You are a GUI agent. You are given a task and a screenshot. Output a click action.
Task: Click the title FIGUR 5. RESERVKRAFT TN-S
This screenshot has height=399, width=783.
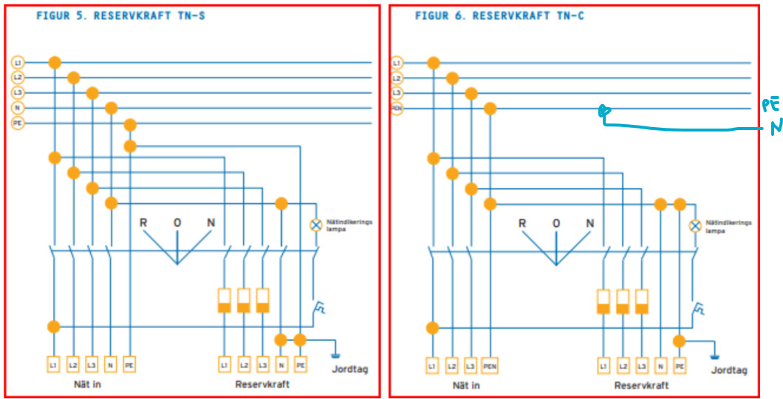[120, 16]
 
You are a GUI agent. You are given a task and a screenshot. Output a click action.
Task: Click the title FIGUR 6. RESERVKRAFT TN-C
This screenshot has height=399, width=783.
[499, 16]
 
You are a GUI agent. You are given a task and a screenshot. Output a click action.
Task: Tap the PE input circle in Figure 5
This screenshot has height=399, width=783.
[18, 123]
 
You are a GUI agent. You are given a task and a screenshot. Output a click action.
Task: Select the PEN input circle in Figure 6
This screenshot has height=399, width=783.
[397, 109]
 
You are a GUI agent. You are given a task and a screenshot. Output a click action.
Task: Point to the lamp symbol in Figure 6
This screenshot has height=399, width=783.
[694, 225]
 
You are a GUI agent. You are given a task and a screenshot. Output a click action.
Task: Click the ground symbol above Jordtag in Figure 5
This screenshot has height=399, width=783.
[337, 345]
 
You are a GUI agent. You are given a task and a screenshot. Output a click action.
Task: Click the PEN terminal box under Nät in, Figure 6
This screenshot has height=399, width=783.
[490, 365]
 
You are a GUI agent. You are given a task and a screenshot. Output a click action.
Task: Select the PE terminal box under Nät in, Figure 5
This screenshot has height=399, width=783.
[130, 364]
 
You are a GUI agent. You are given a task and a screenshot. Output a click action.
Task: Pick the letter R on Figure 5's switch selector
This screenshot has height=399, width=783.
[143, 223]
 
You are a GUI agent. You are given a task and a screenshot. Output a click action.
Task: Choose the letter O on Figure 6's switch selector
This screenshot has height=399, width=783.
[555, 223]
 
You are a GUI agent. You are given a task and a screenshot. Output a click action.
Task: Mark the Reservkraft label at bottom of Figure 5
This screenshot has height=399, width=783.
[263, 385]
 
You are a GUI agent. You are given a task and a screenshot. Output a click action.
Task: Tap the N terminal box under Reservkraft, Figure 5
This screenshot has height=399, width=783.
[281, 364]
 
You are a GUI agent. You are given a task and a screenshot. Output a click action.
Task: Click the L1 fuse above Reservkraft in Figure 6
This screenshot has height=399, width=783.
[604, 301]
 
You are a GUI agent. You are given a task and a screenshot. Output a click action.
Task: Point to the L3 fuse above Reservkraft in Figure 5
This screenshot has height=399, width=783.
[263, 300]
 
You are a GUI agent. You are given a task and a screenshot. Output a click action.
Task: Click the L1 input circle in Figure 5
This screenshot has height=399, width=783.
[18, 63]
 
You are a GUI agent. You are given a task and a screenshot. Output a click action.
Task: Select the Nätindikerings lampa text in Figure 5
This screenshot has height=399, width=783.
[346, 224]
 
